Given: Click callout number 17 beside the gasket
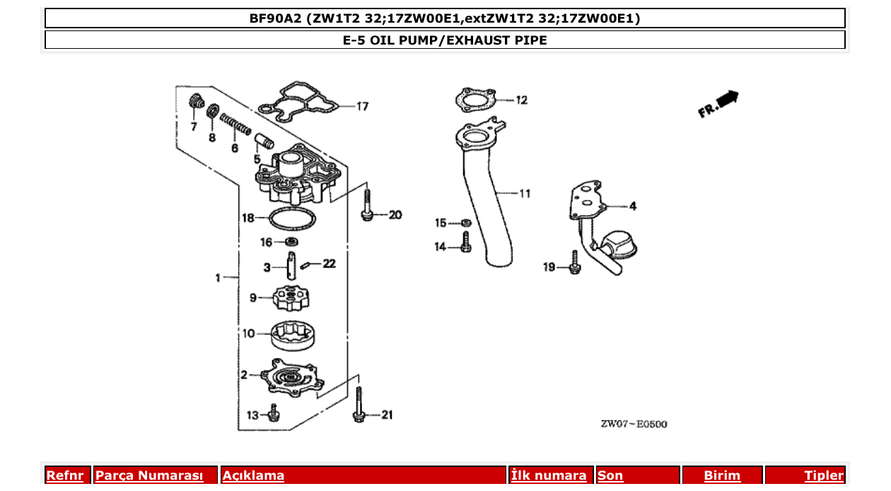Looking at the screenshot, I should (x=361, y=107).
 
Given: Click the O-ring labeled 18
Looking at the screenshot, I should (x=291, y=219).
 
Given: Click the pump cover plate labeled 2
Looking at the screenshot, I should (x=292, y=376).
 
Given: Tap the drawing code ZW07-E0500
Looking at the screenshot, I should (x=634, y=424).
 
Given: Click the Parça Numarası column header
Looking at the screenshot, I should (x=148, y=475).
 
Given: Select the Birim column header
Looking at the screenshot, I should (x=722, y=475).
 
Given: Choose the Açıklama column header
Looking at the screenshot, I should (x=253, y=475).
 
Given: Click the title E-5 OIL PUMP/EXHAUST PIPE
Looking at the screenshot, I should (x=445, y=40).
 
